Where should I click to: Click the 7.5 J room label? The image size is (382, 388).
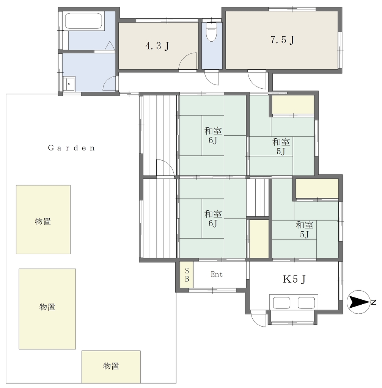[282, 39]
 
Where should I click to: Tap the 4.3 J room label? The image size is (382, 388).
[157, 46]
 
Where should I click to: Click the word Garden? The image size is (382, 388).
[71, 148]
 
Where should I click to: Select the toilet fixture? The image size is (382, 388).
[212, 32]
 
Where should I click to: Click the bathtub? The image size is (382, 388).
[83, 21]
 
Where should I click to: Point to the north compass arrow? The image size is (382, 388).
[359, 302]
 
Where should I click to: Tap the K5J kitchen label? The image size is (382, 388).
[294, 279]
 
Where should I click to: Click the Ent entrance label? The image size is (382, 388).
[217, 274]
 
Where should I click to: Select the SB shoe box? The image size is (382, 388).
[187, 275]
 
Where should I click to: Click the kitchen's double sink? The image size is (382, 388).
[294, 302]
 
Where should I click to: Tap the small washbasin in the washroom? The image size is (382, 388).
[69, 84]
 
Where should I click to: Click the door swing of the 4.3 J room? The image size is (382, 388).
[187, 61]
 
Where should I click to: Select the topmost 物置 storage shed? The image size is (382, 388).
[43, 219]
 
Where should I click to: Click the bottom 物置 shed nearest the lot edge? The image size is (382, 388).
[111, 367]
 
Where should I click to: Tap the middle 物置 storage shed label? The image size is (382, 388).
[47, 307]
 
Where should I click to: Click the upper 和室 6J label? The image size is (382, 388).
[213, 135]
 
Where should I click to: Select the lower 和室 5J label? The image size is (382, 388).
[305, 229]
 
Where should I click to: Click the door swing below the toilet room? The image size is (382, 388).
[211, 77]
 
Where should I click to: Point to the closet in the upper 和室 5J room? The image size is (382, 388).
[293, 105]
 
